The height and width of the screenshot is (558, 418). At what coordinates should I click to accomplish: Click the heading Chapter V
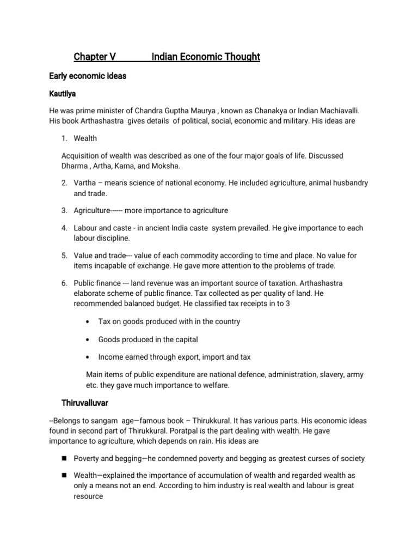tap(96, 57)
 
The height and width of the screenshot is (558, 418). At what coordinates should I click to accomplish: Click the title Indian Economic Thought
tap(206, 57)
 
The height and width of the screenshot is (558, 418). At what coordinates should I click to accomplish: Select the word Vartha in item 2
tap(85, 183)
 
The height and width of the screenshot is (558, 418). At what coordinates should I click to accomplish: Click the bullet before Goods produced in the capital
tap(88, 339)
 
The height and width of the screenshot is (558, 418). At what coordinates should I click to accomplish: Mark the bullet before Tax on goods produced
tap(88, 322)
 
